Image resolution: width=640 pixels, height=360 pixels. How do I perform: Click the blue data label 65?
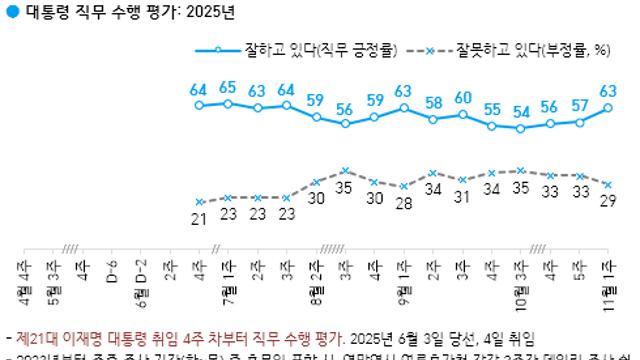coord(228,87)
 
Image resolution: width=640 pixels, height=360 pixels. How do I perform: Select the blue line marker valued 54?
coord(521,129)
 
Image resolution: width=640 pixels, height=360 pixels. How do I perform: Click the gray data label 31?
coord(463,196)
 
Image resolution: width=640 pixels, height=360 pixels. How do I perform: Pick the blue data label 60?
coord(463,97)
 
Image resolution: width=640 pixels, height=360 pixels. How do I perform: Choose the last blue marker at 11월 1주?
coord(608,107)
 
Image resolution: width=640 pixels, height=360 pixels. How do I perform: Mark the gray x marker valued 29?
coord(608,184)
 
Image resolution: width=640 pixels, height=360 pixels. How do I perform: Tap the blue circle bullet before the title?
coord(11,15)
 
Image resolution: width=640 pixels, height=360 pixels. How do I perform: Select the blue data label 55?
coord(492,108)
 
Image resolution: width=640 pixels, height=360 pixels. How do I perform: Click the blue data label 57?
coord(579,105)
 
